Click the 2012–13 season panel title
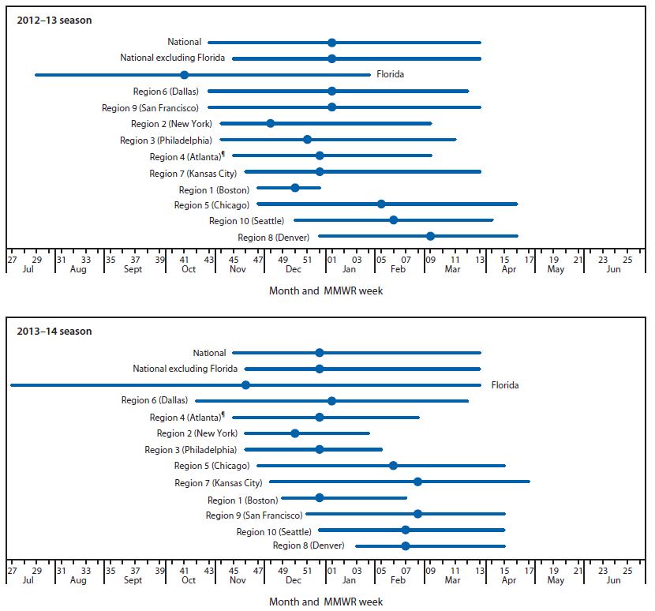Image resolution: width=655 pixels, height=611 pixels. pos(54,20)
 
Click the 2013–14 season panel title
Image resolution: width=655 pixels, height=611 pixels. pos(54,331)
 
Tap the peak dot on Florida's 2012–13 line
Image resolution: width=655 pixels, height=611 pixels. pos(184,75)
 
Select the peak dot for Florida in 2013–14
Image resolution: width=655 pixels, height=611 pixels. pos(245,385)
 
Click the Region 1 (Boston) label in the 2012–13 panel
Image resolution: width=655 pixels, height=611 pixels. pos(214,190)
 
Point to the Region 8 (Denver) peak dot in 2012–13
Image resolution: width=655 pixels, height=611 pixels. pos(430,236)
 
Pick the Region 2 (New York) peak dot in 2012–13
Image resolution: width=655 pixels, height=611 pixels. pos(270,123)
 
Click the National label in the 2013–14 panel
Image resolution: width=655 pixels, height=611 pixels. pos(209,353)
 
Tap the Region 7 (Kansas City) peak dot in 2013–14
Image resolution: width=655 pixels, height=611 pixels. pos(417,482)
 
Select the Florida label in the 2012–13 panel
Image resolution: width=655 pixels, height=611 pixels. pos(390,75)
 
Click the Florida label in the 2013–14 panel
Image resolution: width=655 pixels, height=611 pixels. pos(505,385)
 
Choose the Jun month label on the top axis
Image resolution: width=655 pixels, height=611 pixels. pos(613,270)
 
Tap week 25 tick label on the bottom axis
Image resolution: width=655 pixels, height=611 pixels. pos(627,570)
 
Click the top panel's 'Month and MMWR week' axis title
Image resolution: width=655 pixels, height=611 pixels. pos(326,291)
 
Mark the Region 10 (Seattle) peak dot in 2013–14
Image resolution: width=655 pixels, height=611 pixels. pos(406,530)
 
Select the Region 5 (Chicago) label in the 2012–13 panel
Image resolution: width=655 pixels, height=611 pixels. pos(211,205)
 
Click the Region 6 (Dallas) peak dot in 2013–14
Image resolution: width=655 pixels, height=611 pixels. pos(331,401)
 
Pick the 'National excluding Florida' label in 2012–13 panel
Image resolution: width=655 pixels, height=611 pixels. pos(172,58)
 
